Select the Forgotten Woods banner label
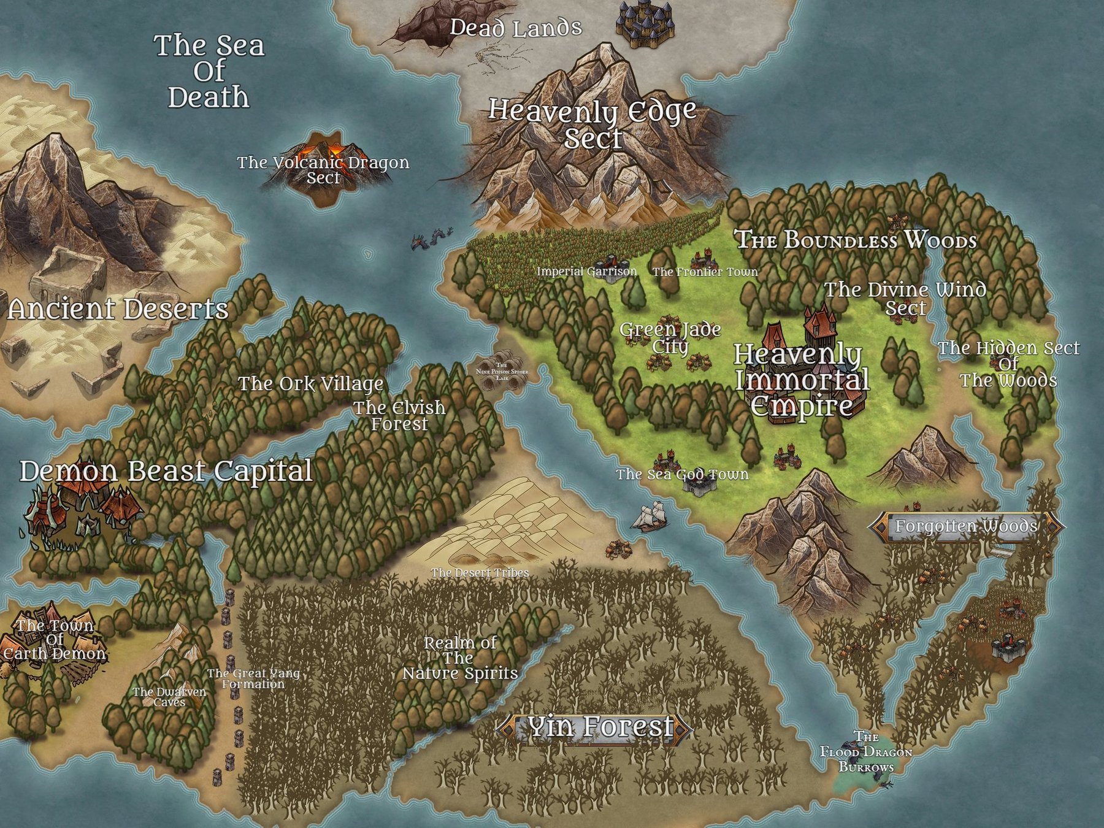pyautogui.click(x=966, y=526)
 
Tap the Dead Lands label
pyautogui.click(x=515, y=28)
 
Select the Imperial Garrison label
pyautogui.click(x=586, y=271)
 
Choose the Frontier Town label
pyautogui.click(x=705, y=272)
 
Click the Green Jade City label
pyautogui.click(x=670, y=337)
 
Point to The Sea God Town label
pyautogui.click(x=682, y=474)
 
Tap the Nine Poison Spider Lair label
pyautogui.click(x=502, y=372)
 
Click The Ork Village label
pyautogui.click(x=311, y=384)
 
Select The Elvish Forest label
pyautogui.click(x=399, y=415)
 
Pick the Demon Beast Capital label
pyautogui.click(x=166, y=471)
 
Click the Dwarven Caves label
pyautogui.click(x=169, y=697)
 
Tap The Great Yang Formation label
pyautogui.click(x=253, y=678)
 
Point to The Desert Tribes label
pyautogui.click(x=480, y=573)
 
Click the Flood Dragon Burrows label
pyautogui.click(x=866, y=752)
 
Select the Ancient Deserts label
pyautogui.click(x=118, y=309)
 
